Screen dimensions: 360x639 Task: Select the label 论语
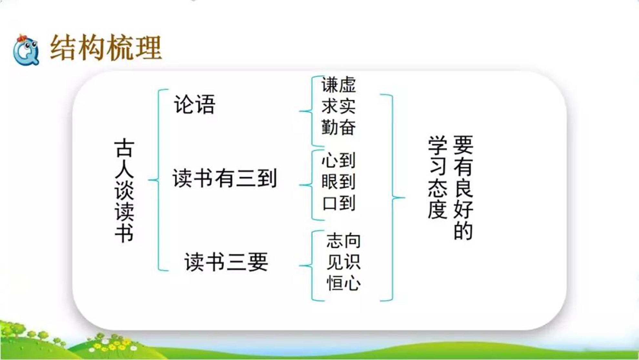click(x=195, y=104)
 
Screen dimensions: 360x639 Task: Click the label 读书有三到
click(x=225, y=178)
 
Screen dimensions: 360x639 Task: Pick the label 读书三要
click(x=226, y=262)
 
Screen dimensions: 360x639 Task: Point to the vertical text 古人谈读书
click(x=124, y=190)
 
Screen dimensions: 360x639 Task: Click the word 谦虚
click(x=339, y=85)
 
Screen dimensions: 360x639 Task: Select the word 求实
click(x=339, y=106)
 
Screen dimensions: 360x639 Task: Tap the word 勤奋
click(x=339, y=127)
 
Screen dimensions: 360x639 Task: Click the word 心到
click(x=339, y=160)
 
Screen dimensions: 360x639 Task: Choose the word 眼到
click(x=339, y=181)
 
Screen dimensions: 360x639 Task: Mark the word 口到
click(x=339, y=203)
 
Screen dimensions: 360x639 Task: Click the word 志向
click(x=343, y=241)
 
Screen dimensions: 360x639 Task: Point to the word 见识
click(x=343, y=262)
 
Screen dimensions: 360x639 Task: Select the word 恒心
click(x=343, y=283)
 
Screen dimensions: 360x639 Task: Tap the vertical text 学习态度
click(x=438, y=178)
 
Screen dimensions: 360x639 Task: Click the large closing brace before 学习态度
click(x=392, y=197)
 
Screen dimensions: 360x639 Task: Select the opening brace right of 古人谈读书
click(x=159, y=180)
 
